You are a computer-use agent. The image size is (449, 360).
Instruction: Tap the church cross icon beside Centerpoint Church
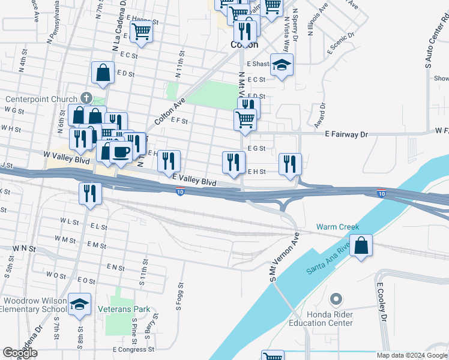(86, 98)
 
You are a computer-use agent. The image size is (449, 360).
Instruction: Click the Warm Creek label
(337, 227)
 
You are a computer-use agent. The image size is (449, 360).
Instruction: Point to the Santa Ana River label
(328, 262)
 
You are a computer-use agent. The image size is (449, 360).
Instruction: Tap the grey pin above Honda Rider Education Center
(336, 299)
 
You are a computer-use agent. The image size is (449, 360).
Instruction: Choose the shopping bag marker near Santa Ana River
(361, 246)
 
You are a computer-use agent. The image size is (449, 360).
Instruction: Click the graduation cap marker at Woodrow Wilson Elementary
(79, 304)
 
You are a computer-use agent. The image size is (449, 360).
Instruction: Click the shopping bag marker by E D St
(103, 73)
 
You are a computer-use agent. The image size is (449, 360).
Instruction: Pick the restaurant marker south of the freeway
(90, 193)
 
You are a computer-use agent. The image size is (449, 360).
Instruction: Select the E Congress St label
(133, 349)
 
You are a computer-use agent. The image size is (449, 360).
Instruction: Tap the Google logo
(20, 353)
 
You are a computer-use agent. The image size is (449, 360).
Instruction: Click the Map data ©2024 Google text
(412, 355)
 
